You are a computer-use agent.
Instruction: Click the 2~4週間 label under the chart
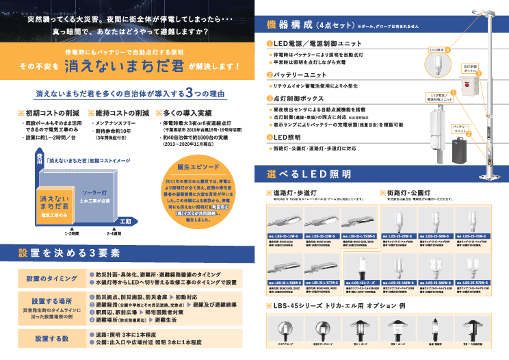tap(114, 233)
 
